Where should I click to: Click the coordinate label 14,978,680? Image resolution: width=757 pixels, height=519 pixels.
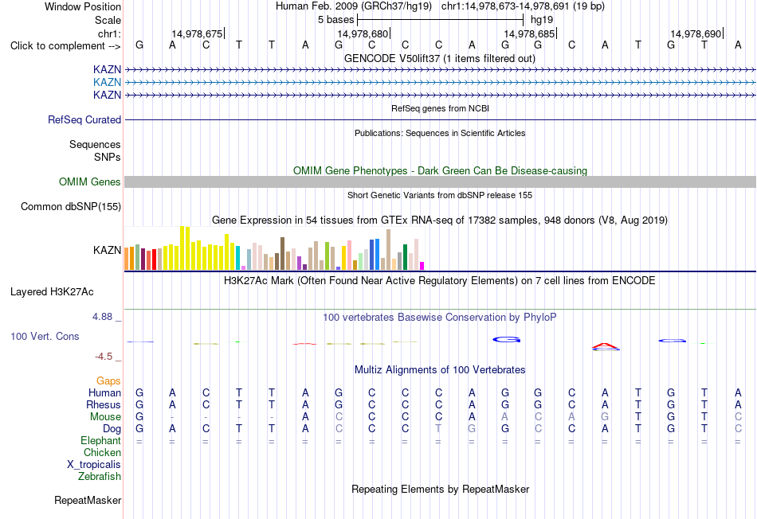point(363,33)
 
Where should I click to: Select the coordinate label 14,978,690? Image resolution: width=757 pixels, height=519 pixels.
point(696,33)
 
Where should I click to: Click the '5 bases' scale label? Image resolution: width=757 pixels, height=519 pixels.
point(336,20)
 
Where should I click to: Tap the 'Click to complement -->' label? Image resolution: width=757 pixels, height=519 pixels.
point(65,46)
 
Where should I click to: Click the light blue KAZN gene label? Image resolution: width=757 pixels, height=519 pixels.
point(108,82)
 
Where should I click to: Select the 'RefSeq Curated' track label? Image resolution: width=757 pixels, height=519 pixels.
point(84,119)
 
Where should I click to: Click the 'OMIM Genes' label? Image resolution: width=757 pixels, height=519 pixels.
point(90,181)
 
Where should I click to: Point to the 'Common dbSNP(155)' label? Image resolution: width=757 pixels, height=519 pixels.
point(71,206)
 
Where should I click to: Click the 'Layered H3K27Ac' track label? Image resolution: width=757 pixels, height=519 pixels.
point(52,292)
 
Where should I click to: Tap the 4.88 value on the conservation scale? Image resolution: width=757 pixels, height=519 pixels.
point(102,317)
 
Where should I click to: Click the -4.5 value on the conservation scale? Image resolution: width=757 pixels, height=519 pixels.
point(104,357)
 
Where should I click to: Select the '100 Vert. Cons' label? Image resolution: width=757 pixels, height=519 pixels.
point(45,336)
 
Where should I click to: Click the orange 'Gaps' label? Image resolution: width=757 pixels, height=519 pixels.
point(108,381)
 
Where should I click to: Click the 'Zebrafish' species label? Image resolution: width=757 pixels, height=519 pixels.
point(100,476)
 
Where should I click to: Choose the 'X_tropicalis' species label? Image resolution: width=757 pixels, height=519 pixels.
point(94,465)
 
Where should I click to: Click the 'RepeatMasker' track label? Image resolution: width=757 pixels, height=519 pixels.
point(88,500)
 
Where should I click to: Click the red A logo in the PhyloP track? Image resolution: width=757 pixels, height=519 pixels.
point(605,345)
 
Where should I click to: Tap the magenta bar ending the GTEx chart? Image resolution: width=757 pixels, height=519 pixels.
point(422,266)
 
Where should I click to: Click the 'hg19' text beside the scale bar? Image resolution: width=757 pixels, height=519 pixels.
point(542,20)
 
